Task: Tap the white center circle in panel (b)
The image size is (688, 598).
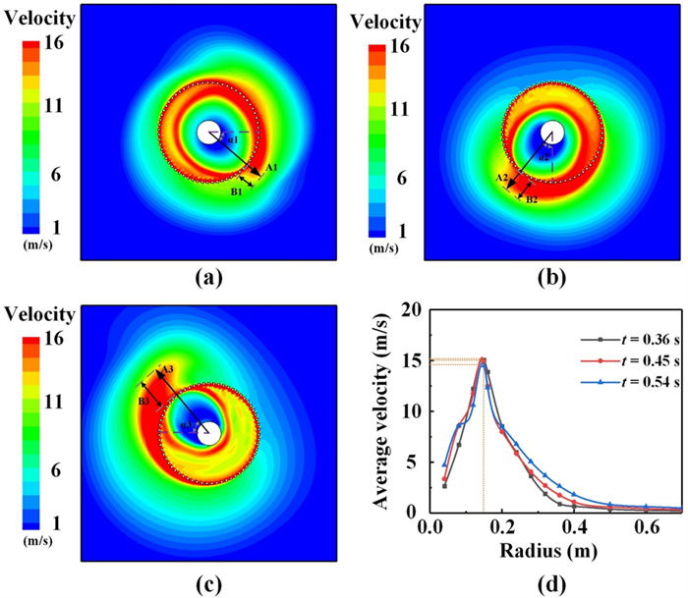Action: (551, 132)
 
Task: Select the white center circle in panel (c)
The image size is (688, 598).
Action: (207, 433)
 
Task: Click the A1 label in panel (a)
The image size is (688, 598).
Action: (272, 168)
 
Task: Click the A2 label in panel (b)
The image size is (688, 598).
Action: (501, 179)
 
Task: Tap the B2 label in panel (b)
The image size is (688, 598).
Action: (532, 199)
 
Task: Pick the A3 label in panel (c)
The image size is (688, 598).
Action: (168, 368)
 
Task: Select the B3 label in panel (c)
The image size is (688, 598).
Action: (143, 402)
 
